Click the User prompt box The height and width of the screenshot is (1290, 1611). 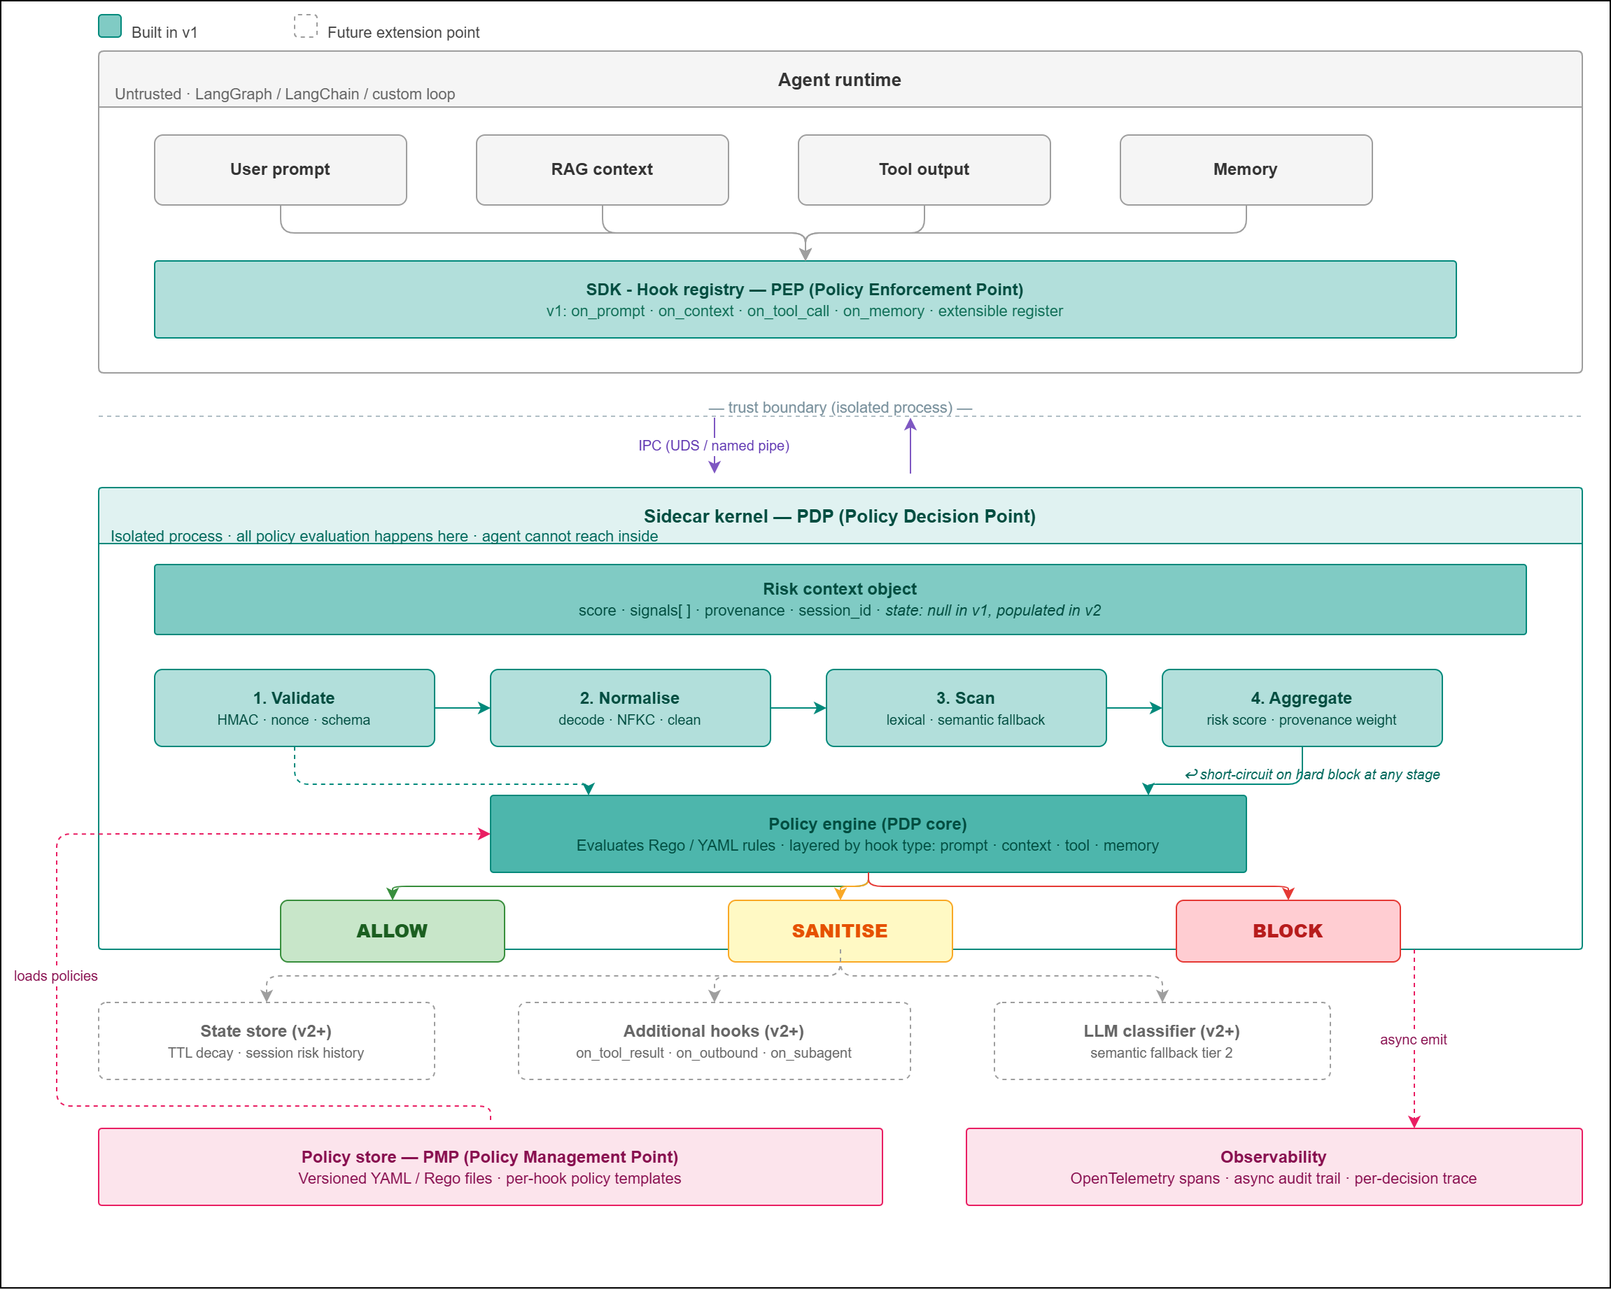(280, 169)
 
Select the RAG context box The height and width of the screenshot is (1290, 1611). (603, 169)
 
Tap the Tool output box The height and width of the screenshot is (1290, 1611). (924, 169)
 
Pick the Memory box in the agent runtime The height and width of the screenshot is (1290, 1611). (1246, 169)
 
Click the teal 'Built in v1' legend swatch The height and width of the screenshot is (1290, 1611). (110, 26)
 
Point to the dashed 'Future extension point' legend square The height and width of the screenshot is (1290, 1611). (306, 26)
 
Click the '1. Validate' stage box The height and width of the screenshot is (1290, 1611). (295, 707)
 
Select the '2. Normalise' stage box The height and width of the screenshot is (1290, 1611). (630, 707)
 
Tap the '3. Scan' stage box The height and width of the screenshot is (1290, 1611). (965, 707)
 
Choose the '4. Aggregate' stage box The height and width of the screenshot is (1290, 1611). (1302, 707)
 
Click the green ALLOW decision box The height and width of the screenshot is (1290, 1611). (393, 930)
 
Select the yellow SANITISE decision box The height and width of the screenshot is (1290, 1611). (840, 930)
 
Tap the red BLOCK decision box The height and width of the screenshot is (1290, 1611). (1288, 930)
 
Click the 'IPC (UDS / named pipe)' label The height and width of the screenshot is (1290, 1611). (714, 446)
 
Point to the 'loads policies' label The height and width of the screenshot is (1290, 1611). (56, 975)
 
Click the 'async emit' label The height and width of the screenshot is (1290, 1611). (1413, 1040)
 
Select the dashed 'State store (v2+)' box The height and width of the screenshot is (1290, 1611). (266, 1040)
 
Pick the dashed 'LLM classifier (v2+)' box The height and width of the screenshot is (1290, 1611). (1162, 1040)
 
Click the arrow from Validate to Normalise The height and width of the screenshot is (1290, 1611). (462, 707)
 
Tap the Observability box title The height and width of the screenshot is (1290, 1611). (1273, 1157)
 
